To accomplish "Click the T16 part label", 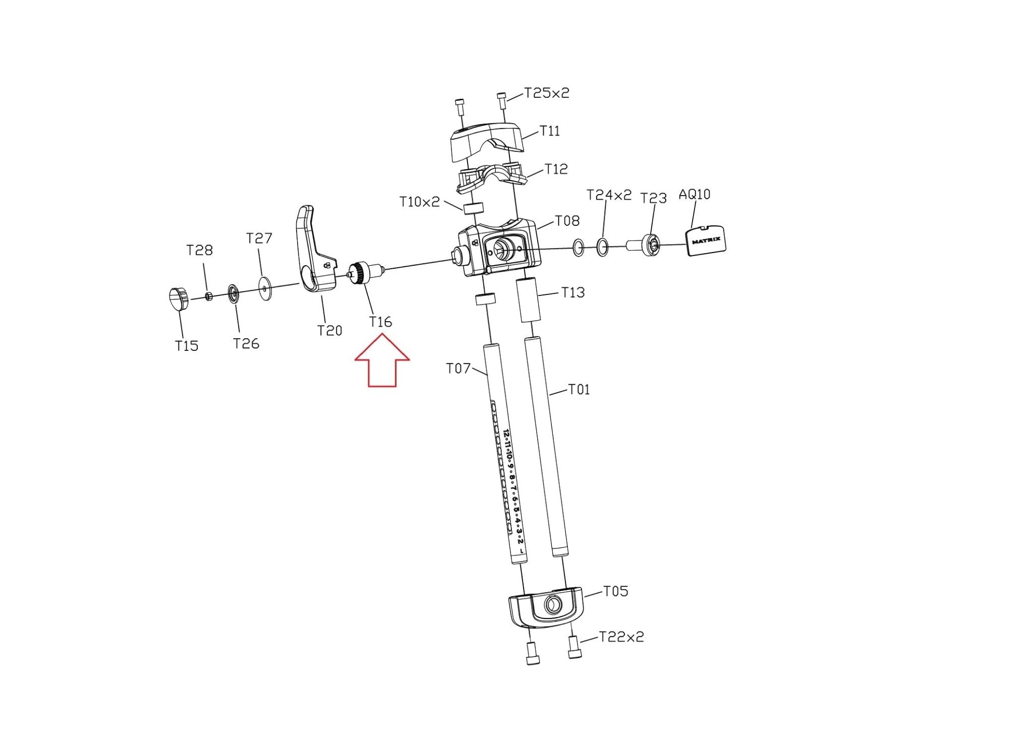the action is point(380,322).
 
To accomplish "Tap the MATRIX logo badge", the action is point(706,241).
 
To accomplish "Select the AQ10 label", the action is point(695,194).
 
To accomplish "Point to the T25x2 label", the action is point(547,93).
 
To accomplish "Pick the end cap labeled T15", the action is point(178,299).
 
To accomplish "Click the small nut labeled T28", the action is point(209,295).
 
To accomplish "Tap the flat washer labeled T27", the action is point(264,288).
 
